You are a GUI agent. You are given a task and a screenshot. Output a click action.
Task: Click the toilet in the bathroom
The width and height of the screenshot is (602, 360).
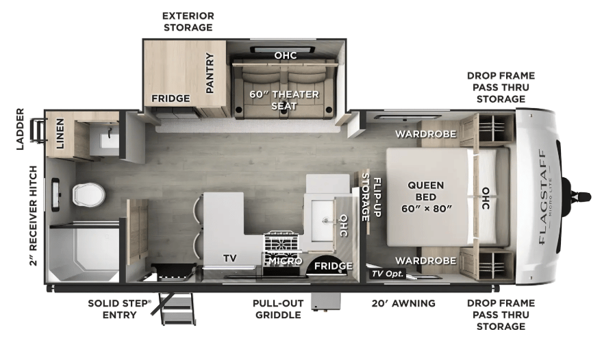(88, 194)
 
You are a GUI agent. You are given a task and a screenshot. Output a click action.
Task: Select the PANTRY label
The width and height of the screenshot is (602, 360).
(210, 73)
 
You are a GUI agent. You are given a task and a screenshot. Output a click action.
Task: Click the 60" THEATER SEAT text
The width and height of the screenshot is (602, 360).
(284, 100)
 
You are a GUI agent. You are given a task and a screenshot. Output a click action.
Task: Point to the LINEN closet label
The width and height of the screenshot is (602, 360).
(60, 133)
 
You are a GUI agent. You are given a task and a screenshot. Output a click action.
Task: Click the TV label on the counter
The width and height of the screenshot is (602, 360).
(230, 258)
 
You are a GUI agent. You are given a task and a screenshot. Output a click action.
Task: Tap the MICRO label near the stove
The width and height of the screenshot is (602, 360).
(286, 261)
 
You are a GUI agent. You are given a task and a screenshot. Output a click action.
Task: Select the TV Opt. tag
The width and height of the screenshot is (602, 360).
(388, 274)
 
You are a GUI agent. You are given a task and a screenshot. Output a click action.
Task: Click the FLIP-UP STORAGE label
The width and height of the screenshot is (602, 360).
(371, 197)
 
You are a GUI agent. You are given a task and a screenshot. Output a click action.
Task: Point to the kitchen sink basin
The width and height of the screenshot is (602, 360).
(322, 220)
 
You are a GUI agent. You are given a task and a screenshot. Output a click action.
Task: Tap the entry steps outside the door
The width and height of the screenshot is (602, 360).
(178, 309)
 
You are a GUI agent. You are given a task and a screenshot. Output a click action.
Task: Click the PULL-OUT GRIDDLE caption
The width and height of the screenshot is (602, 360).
(278, 309)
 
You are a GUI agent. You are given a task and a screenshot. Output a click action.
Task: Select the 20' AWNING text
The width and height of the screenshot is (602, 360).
(403, 303)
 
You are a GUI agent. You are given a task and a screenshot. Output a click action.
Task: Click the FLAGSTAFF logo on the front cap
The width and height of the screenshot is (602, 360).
(542, 196)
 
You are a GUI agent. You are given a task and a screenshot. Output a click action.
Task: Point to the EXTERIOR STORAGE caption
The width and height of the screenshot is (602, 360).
(188, 21)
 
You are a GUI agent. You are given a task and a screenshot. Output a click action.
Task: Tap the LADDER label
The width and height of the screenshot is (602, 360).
(20, 129)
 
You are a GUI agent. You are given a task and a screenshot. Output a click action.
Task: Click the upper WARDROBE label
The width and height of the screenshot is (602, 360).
(426, 134)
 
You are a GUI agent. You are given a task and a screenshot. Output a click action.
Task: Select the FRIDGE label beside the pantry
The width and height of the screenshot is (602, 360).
(171, 99)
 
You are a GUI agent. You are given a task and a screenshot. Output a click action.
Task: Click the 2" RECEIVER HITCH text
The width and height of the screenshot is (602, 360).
(34, 216)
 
